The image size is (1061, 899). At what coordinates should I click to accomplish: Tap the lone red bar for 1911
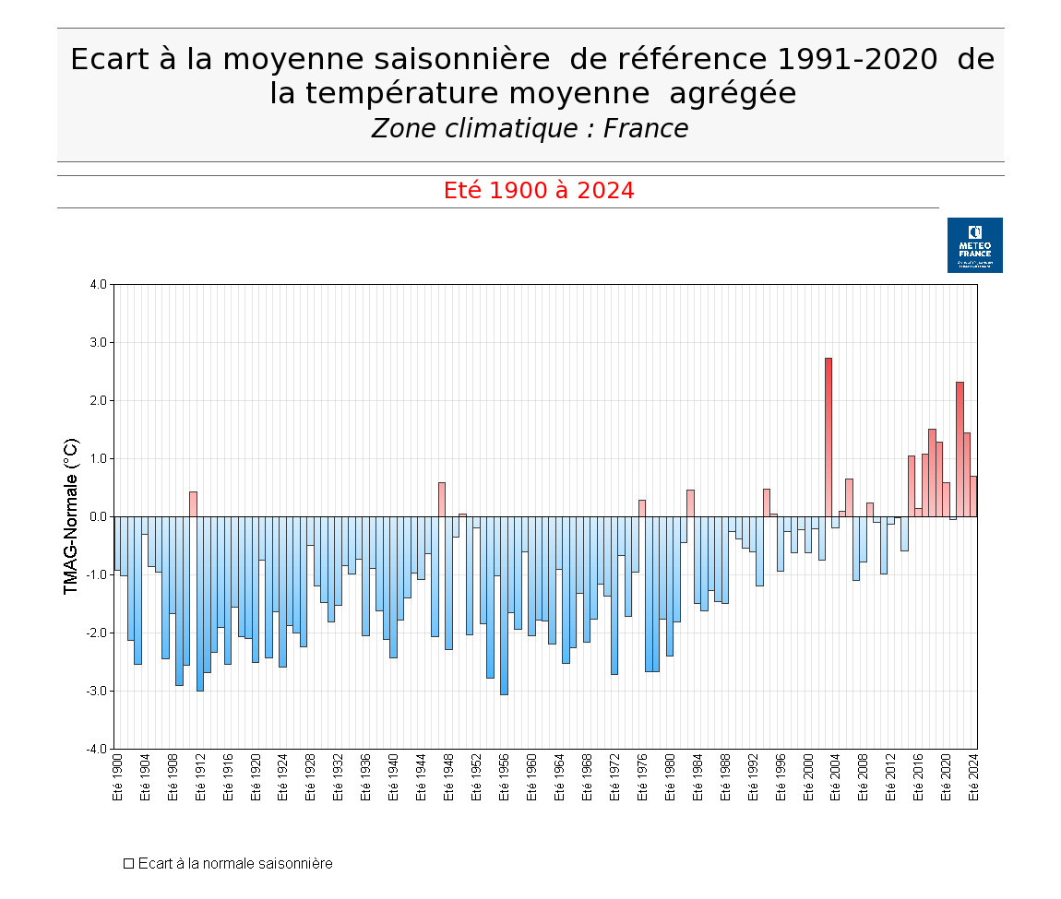(x=193, y=503)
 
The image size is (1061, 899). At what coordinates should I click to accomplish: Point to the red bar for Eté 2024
(x=973, y=496)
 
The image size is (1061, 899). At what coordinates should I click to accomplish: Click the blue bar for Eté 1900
(x=117, y=544)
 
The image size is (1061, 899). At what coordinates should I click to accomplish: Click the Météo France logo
(x=974, y=245)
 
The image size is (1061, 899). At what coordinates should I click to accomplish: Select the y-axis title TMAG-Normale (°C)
(x=71, y=516)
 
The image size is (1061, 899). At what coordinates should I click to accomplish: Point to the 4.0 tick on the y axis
(x=98, y=284)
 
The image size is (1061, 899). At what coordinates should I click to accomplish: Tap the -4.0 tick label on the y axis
(x=97, y=749)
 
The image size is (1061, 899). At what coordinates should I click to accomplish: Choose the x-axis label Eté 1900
(x=117, y=776)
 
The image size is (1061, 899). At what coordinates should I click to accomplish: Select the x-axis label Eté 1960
(x=531, y=776)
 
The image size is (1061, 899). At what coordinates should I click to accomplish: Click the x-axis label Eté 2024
(x=973, y=776)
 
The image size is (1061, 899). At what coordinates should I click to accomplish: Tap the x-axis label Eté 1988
(x=725, y=776)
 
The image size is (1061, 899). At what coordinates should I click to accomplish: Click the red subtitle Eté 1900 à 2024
(x=539, y=191)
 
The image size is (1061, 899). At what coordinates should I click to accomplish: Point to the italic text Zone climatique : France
(x=530, y=129)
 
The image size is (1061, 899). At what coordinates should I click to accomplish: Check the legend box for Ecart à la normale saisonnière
(x=129, y=864)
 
